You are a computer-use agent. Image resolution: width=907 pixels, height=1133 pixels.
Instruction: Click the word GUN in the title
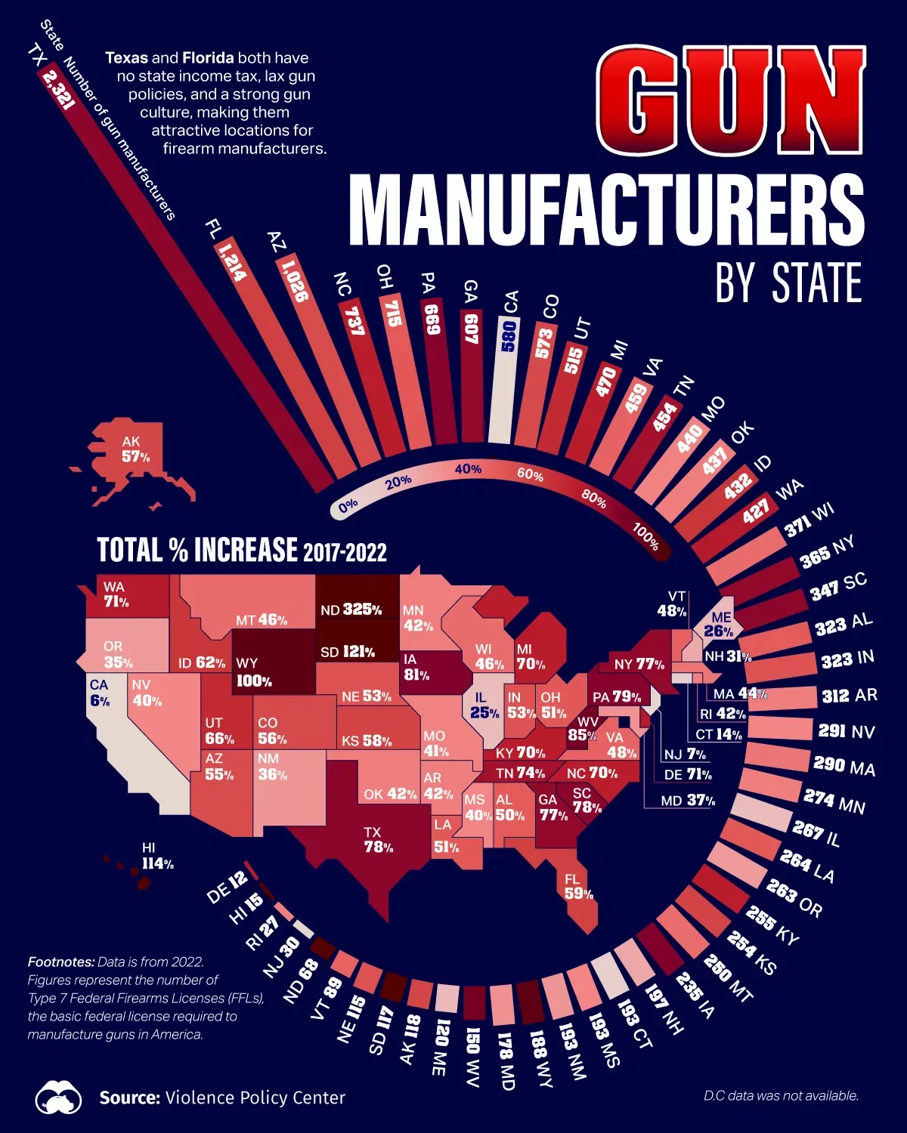[x=730, y=102]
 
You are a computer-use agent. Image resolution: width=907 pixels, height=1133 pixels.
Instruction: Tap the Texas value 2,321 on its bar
[x=58, y=88]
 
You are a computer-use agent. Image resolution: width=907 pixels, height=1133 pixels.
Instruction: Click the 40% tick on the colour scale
[x=468, y=469]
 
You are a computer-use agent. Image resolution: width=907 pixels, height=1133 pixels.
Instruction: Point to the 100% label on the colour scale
[x=645, y=536]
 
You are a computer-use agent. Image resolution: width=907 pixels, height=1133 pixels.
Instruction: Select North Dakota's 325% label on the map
[x=351, y=609]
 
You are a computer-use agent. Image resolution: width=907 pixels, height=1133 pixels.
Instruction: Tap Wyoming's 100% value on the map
[x=254, y=681]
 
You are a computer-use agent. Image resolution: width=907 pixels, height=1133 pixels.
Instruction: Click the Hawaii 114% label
[x=157, y=857]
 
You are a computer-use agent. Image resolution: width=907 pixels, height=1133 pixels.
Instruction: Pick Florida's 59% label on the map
[x=578, y=886]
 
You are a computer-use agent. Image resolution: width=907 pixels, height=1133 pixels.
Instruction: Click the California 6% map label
[x=99, y=693]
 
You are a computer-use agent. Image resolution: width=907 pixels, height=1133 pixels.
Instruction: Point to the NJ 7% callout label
[x=685, y=754]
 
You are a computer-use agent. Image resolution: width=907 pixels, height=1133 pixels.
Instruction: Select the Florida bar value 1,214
[x=232, y=261]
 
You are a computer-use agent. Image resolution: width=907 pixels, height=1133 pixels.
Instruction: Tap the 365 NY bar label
[x=827, y=551]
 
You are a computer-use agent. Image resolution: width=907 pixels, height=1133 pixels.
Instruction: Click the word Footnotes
[x=61, y=962]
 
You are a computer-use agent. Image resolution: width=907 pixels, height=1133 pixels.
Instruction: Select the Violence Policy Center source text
[x=255, y=1097]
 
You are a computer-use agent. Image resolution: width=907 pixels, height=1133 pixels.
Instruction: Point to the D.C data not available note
[x=781, y=1095]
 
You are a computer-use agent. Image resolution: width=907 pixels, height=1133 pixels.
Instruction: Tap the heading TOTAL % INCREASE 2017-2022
[x=241, y=550]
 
